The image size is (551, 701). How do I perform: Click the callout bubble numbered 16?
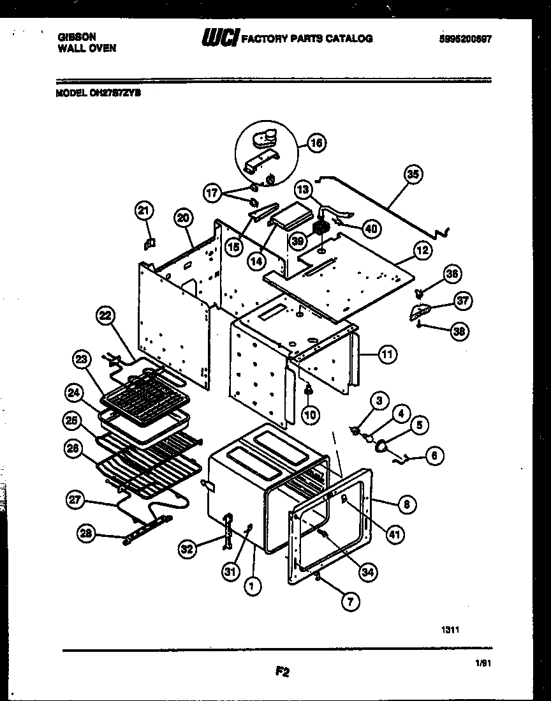tap(316, 143)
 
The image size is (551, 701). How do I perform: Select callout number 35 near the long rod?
tap(415, 174)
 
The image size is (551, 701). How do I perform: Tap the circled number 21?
tap(145, 210)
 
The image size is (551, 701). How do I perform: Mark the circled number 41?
tap(395, 534)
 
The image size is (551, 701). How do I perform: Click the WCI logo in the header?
tap(219, 38)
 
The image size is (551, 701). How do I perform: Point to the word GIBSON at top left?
tap(76, 38)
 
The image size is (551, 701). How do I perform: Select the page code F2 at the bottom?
tap(283, 671)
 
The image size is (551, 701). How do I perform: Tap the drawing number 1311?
tap(450, 629)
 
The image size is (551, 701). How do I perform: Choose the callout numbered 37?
tap(462, 300)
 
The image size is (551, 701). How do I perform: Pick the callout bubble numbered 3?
tap(379, 401)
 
